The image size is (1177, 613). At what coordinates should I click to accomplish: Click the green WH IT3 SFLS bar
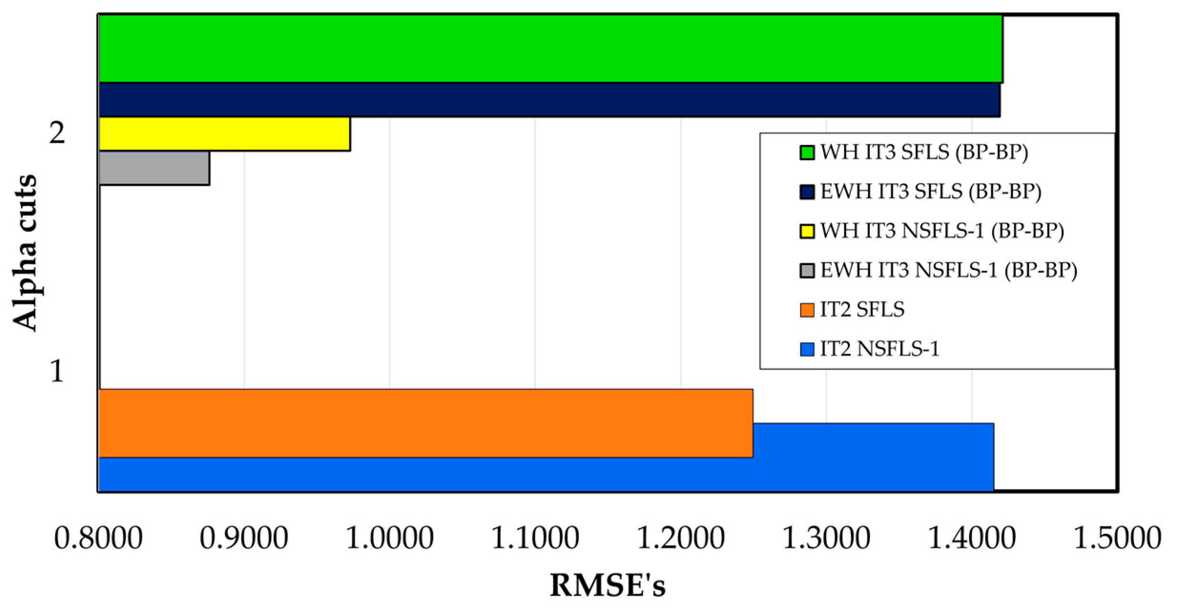pyautogui.click(x=548, y=49)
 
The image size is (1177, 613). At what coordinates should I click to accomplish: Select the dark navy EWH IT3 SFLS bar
pyautogui.click(x=548, y=100)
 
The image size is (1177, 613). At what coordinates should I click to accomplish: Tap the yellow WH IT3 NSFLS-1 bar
pyautogui.click(x=224, y=134)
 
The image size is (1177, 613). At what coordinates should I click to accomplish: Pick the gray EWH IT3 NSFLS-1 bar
pyautogui.click(x=154, y=168)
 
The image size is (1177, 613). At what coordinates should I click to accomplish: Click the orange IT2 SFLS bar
pyautogui.click(x=424, y=423)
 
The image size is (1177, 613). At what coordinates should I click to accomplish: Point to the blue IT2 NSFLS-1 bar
pyautogui.click(x=544, y=474)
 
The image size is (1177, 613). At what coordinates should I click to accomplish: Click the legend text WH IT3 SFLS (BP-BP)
pyautogui.click(x=924, y=152)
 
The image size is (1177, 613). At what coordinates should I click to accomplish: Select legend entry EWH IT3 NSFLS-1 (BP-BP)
pyautogui.click(x=949, y=270)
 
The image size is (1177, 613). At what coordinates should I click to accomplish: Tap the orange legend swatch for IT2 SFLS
pyautogui.click(x=806, y=310)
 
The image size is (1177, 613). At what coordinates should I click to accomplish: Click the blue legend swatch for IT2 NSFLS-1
pyautogui.click(x=806, y=349)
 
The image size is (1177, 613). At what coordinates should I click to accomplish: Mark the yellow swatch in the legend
pyautogui.click(x=806, y=231)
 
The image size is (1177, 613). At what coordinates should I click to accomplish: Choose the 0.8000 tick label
pyautogui.click(x=98, y=539)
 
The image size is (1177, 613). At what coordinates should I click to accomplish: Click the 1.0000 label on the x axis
pyautogui.click(x=389, y=539)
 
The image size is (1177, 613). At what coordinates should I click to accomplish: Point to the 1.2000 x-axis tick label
pyautogui.click(x=681, y=539)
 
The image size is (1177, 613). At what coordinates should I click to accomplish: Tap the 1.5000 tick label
pyautogui.click(x=1117, y=539)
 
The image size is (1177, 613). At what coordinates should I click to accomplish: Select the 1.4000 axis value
pyautogui.click(x=971, y=539)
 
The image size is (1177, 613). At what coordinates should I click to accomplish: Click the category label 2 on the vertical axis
pyautogui.click(x=57, y=134)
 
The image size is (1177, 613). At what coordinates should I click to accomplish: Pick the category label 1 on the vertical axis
pyautogui.click(x=57, y=371)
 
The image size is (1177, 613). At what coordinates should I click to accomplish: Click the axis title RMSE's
pyautogui.click(x=608, y=586)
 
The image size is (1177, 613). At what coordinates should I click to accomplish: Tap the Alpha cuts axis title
pyautogui.click(x=24, y=253)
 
